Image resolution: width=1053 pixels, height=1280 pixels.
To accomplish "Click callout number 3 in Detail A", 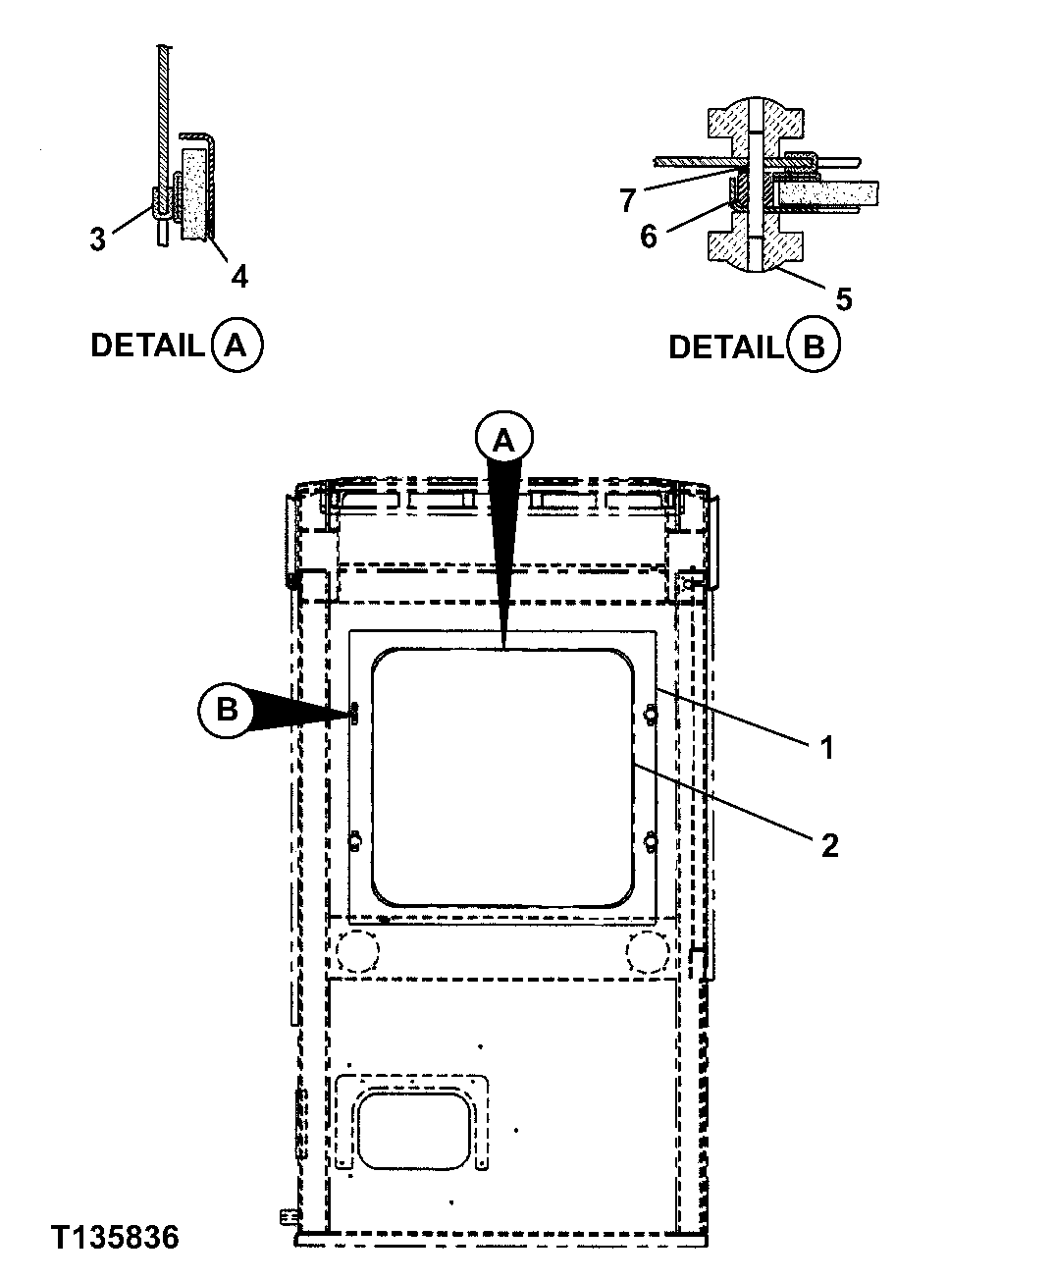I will [x=97, y=239].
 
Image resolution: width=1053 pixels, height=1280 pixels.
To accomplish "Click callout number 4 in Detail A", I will [x=238, y=276].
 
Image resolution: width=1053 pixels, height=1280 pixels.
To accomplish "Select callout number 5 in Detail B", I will [x=843, y=297].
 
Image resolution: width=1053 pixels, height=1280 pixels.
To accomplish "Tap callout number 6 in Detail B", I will [x=648, y=236].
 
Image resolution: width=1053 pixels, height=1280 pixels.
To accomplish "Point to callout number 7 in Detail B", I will [x=628, y=200].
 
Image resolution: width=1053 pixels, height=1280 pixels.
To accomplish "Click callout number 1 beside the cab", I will [x=826, y=748].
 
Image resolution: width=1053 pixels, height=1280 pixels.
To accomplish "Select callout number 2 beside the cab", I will [x=829, y=844].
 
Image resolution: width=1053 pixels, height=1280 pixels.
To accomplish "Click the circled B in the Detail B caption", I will [x=814, y=347].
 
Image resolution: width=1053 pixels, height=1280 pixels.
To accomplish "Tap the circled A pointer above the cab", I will [x=502, y=442].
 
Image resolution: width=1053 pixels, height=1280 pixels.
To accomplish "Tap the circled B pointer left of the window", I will [x=227, y=709].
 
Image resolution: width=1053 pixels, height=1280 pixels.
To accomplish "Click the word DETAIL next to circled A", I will [x=147, y=346].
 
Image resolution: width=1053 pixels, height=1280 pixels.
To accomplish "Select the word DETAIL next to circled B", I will [x=725, y=347].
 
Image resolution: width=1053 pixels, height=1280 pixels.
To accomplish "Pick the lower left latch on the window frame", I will [x=355, y=841].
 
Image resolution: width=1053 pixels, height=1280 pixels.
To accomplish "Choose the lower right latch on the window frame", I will [x=650, y=841].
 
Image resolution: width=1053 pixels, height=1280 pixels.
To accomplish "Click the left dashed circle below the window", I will [x=356, y=947].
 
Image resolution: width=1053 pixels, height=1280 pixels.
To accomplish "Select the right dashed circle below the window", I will [x=648, y=947].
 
